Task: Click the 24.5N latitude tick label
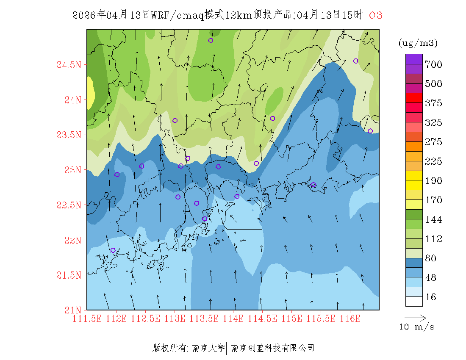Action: point(68,65)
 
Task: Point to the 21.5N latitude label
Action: point(68,275)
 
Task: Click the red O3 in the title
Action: point(376,16)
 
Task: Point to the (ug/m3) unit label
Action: point(418,43)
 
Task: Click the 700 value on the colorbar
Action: point(434,64)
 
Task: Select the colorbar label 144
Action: point(434,219)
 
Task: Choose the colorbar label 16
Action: point(430,297)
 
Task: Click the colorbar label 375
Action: point(434,103)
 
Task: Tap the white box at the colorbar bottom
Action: point(414,301)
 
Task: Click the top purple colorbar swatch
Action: point(414,59)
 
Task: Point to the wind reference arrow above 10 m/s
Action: point(415,317)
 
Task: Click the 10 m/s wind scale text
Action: point(417,327)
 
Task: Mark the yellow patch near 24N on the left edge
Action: point(90,91)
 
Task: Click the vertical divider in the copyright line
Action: point(227,348)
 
